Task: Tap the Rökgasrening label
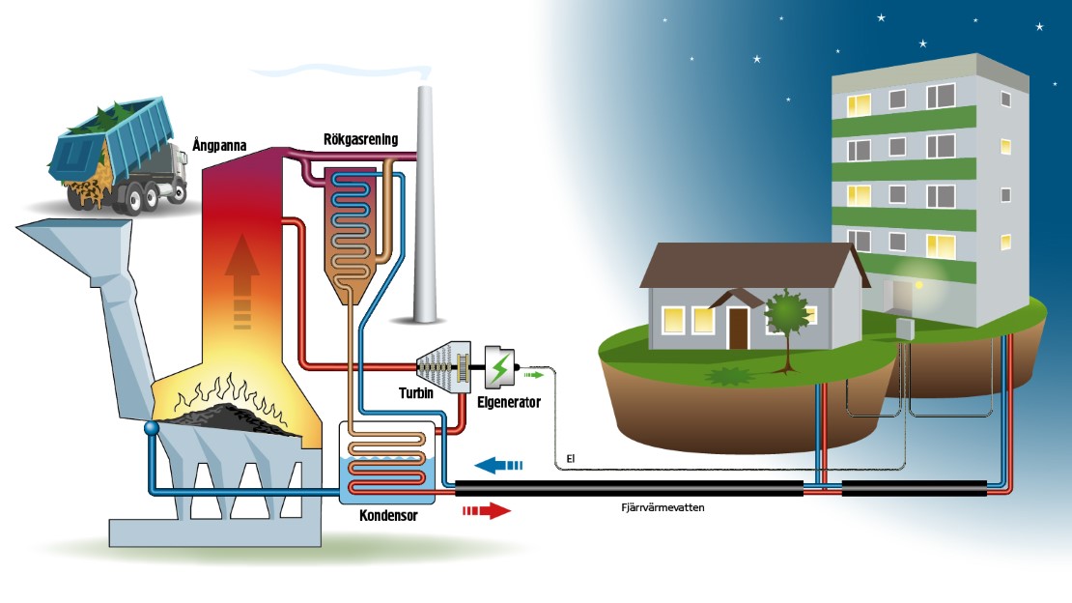click(360, 140)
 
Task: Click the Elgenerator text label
click(509, 401)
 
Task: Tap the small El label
click(571, 459)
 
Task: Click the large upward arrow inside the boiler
click(241, 280)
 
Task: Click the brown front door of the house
click(739, 328)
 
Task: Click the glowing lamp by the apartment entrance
click(918, 284)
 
